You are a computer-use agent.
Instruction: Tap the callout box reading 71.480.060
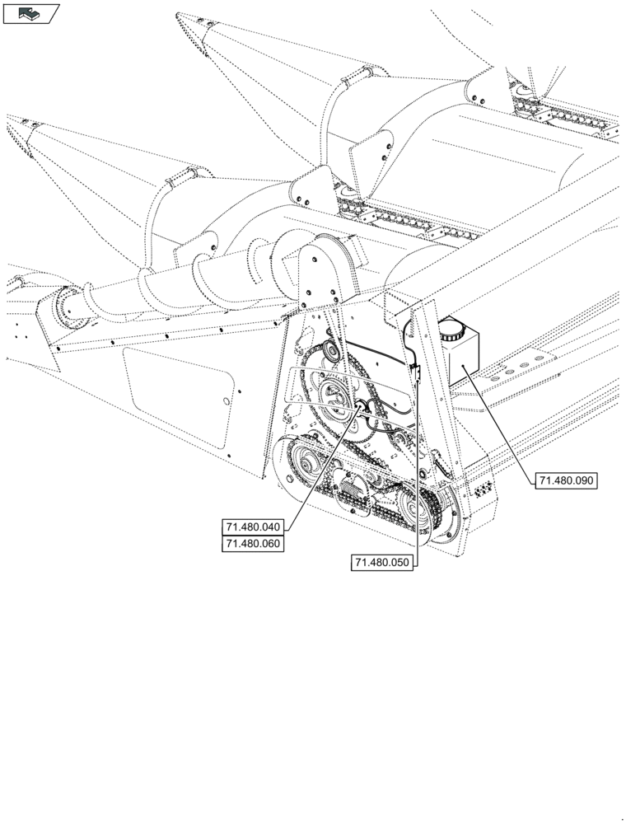tap(252, 544)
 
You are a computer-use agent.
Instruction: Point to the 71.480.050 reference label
tap(382, 563)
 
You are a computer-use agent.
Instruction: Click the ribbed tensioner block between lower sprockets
tap(356, 499)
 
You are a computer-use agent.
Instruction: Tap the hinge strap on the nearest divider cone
tap(182, 177)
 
